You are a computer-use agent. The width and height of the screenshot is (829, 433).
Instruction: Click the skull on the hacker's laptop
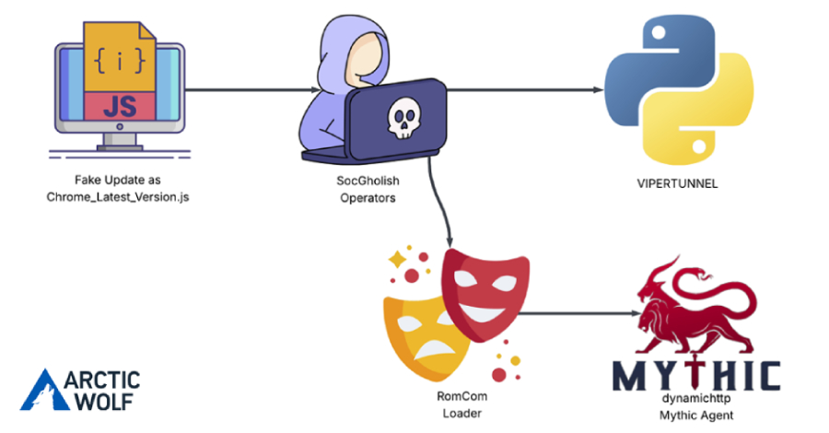pyautogui.click(x=402, y=119)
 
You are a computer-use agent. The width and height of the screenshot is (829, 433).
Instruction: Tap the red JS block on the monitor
pyautogui.click(x=118, y=105)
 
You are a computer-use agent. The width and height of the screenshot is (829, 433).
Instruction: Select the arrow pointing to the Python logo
pyautogui.click(x=525, y=90)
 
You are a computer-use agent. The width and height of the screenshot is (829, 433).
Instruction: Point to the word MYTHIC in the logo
pyautogui.click(x=696, y=376)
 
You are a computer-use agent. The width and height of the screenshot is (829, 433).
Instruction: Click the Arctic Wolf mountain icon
pyautogui.click(x=43, y=389)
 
